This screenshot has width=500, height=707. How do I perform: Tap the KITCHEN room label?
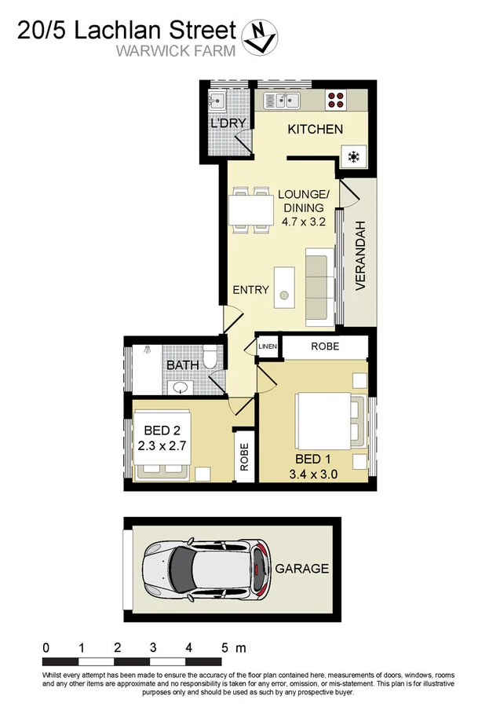click(x=315, y=130)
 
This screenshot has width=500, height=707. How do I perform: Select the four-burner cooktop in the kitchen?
click(x=337, y=100)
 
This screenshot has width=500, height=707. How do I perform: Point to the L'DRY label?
click(x=228, y=123)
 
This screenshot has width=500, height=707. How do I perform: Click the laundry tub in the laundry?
click(x=217, y=101)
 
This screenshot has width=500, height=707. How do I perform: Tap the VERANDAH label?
click(x=361, y=256)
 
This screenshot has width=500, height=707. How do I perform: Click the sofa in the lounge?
click(x=317, y=286)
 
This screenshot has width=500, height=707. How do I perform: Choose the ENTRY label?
click(x=250, y=290)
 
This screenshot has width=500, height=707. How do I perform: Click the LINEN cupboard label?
click(x=268, y=346)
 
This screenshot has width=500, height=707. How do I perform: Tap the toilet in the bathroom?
click(x=209, y=358)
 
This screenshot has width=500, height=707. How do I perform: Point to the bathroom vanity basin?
click(x=182, y=387)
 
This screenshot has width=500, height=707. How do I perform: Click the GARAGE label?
click(x=301, y=569)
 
